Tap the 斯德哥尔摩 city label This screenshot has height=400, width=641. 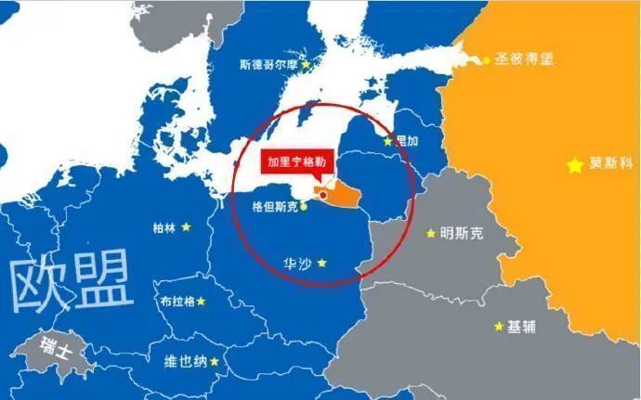pyautogui.click(x=268, y=65)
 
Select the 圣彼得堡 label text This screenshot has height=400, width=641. pyautogui.click(x=522, y=58)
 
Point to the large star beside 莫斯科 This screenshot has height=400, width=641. pyautogui.click(x=576, y=165)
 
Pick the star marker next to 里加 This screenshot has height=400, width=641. pyautogui.click(x=388, y=142)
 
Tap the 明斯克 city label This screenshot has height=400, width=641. pyautogui.click(x=462, y=233)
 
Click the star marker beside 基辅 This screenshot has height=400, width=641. pyautogui.click(x=499, y=327)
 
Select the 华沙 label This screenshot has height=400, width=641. pyautogui.click(x=295, y=264)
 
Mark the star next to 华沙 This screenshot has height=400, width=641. pyautogui.click(x=321, y=264)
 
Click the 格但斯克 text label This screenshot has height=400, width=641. pyautogui.click(x=275, y=207)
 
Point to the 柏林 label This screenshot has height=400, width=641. pyautogui.click(x=165, y=226)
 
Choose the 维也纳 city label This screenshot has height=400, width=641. pyautogui.click(x=186, y=362)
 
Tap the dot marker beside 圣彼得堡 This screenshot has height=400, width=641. pyautogui.click(x=485, y=60)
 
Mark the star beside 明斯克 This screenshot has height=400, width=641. pyautogui.click(x=430, y=233)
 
